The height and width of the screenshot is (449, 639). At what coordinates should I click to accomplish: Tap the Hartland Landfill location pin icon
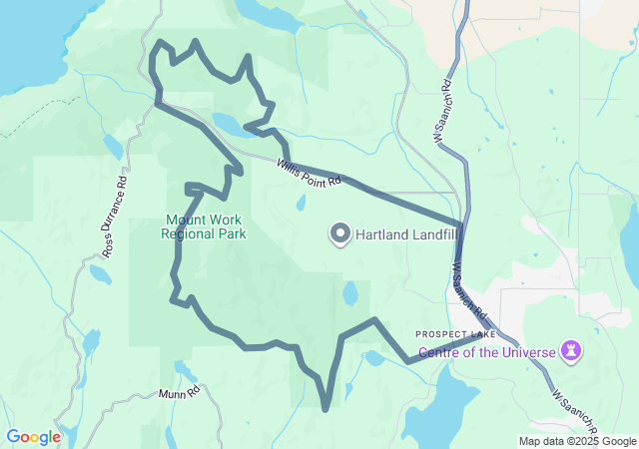click(339, 234)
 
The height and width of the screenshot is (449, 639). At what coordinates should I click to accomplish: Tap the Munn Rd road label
click(180, 394)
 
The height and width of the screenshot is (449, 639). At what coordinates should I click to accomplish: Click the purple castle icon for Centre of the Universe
click(572, 351)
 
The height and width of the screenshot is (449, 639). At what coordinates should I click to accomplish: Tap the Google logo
click(33, 437)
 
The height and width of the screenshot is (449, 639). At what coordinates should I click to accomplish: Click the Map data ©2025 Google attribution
click(577, 441)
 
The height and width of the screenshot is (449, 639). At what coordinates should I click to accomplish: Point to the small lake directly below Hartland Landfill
click(350, 294)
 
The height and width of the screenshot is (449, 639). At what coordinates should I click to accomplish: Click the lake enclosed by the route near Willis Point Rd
click(226, 125)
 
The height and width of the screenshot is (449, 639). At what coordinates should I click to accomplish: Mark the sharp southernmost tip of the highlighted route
click(326, 408)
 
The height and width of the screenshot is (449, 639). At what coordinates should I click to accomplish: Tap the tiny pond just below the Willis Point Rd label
click(300, 203)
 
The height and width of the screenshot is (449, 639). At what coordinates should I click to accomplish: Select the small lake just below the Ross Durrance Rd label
click(100, 273)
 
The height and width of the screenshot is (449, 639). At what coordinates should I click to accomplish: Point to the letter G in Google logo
click(13, 437)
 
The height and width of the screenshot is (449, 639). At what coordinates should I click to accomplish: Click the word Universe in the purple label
click(527, 351)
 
